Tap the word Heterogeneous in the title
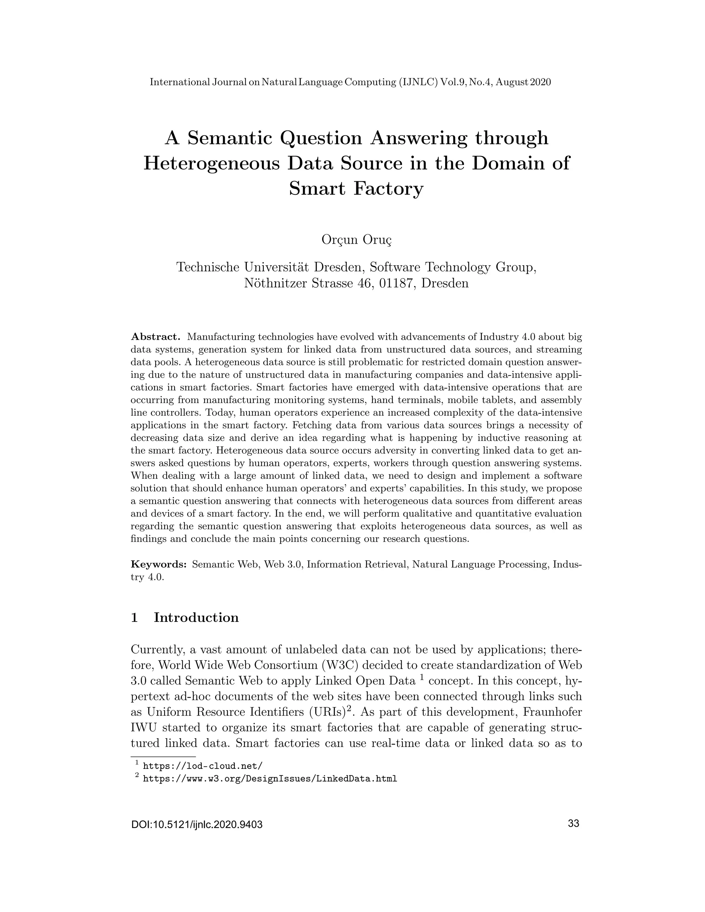[211, 163]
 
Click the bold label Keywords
[158, 564]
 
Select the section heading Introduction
[196, 618]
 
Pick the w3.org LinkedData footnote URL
[270, 779]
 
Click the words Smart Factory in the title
[356, 188]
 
